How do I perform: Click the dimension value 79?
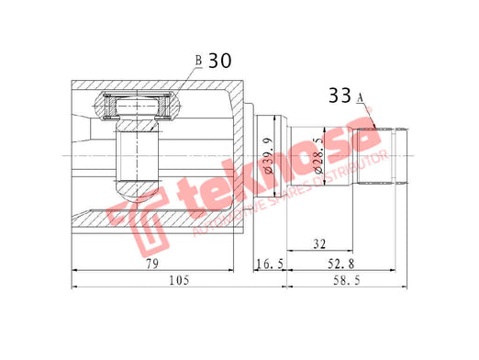coord(152,264)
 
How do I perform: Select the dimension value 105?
coord(180,280)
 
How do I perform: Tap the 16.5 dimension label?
coord(270,264)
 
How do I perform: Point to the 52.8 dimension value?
coord(340,264)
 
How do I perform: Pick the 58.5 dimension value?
coord(347,280)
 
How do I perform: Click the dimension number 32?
coord(319,244)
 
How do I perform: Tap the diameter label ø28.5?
coord(318,155)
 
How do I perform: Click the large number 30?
coord(220,61)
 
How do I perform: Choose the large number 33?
coord(340,96)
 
